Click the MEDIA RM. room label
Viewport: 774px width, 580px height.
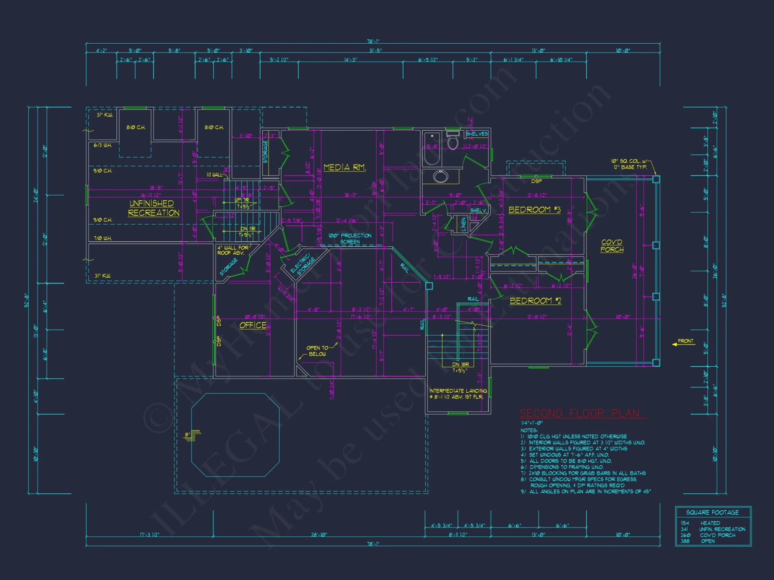(x=344, y=167)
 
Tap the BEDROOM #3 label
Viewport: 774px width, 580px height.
(x=534, y=210)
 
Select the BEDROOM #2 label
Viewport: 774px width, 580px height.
(x=535, y=301)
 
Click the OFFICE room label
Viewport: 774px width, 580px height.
(x=253, y=325)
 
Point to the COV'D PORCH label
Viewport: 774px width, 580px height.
(x=612, y=246)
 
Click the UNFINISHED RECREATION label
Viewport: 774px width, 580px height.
(x=153, y=208)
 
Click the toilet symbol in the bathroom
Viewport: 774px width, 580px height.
(x=452, y=141)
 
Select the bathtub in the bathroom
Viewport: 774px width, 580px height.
(x=432, y=149)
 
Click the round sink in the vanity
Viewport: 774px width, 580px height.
(x=440, y=177)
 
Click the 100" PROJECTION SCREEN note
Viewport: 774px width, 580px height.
(x=350, y=239)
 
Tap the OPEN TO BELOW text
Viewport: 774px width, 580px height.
(x=317, y=351)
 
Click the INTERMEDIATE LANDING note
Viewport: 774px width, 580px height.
(x=458, y=394)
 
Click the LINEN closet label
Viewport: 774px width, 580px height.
(x=463, y=224)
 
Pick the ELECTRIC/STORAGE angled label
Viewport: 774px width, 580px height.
(x=303, y=264)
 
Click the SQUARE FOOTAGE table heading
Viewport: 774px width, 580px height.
(x=712, y=512)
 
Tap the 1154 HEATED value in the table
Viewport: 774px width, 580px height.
(x=700, y=523)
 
